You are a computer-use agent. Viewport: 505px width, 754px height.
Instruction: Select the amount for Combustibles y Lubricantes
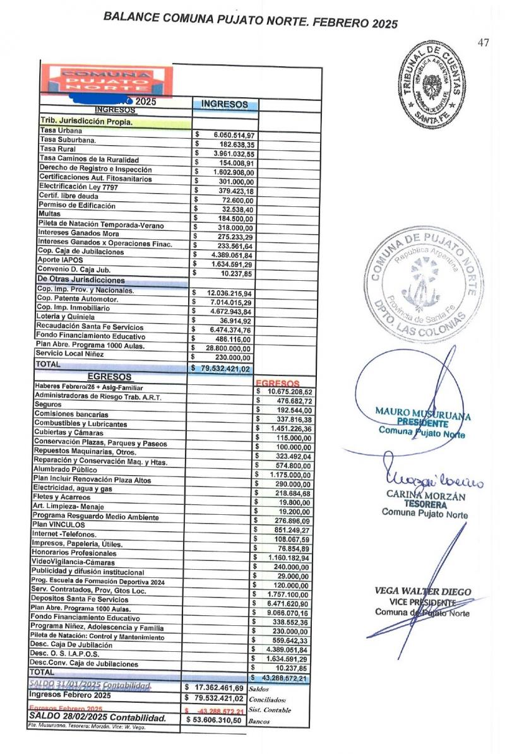pyautogui.click(x=286, y=424)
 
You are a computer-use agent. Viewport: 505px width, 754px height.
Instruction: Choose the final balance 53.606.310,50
pyautogui.click(x=217, y=719)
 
